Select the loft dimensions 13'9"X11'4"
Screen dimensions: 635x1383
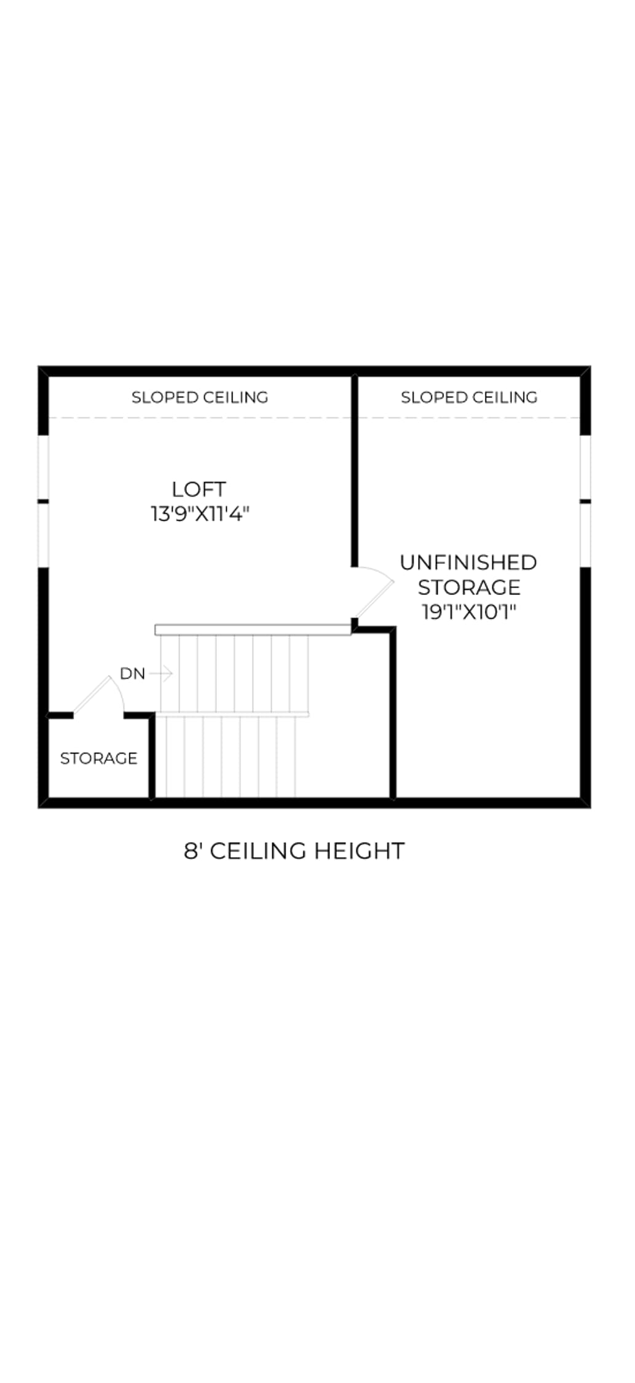(x=200, y=514)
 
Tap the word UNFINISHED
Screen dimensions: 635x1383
(x=468, y=562)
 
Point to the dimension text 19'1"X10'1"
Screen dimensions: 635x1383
(x=469, y=612)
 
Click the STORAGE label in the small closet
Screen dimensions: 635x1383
(x=98, y=758)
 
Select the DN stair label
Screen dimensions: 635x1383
(x=133, y=674)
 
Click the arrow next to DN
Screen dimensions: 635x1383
(x=161, y=674)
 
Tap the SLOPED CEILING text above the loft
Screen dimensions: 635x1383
(x=200, y=398)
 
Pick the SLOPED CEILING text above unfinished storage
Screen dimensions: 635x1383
(x=469, y=398)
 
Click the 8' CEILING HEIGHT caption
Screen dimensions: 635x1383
(x=294, y=851)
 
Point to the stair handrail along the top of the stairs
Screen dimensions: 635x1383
(x=253, y=630)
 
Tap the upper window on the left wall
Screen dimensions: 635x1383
(x=43, y=468)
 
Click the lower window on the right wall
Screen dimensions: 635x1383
(x=586, y=535)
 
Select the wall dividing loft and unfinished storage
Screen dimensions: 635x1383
(x=355, y=471)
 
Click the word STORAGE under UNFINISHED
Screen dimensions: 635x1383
(x=469, y=588)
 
